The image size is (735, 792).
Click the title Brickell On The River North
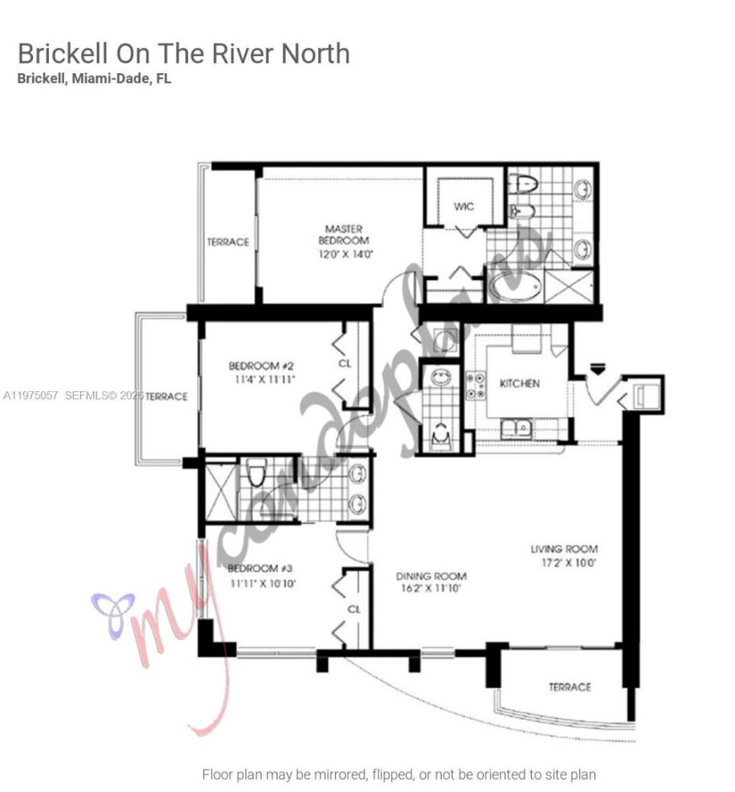[x=184, y=54]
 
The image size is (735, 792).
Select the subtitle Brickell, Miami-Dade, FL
[x=94, y=79]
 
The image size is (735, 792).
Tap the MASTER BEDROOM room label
[x=344, y=235]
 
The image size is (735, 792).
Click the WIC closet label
[x=464, y=207]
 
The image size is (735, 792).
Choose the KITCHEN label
[x=519, y=383]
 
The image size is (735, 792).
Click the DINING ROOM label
[x=431, y=576]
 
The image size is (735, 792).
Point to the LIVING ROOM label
[x=563, y=549]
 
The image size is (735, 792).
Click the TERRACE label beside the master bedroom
[x=228, y=243]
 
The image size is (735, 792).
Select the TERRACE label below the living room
[x=570, y=687]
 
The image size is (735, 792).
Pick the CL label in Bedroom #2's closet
[x=345, y=364]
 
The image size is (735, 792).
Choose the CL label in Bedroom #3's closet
[x=354, y=609]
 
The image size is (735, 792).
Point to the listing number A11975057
[x=31, y=396]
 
